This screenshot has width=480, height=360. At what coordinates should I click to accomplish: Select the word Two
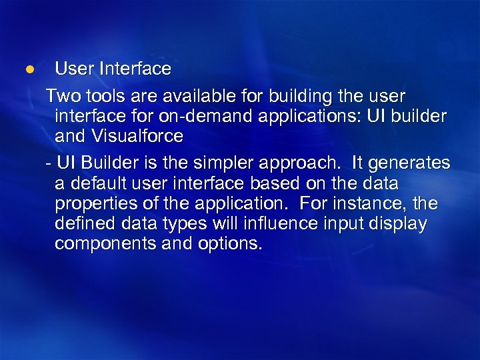click(x=61, y=97)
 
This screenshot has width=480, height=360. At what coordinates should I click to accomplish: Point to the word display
click(x=399, y=224)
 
